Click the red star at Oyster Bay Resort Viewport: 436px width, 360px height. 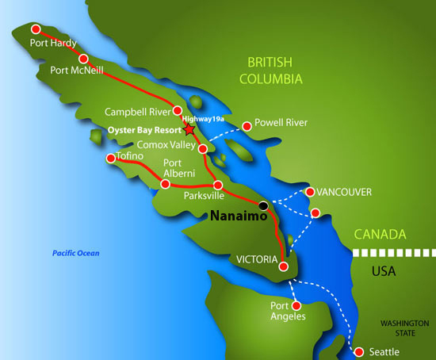click(189, 129)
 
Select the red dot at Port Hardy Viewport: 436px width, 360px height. click(36, 29)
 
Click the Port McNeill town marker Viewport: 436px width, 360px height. click(83, 58)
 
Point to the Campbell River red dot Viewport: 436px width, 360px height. click(178, 111)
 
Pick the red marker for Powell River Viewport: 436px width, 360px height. click(247, 124)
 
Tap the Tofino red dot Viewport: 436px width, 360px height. click(111, 159)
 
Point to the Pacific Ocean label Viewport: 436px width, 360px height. click(76, 253)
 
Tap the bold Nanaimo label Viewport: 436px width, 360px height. click(235, 215)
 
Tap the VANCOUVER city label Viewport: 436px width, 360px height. click(344, 193)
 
